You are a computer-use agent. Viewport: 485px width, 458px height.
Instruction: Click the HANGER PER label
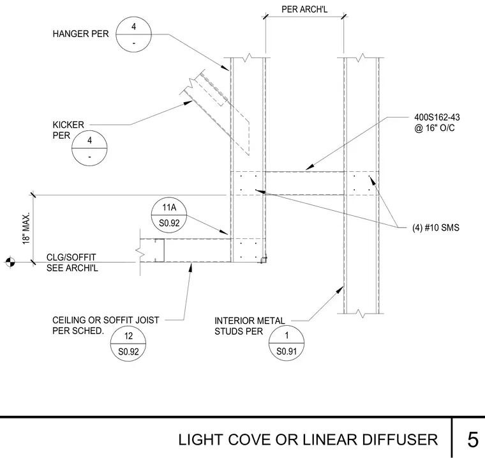coord(81,34)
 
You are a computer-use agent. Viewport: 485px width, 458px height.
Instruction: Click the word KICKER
coord(68,125)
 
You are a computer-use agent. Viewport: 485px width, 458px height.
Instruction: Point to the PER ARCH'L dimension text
coord(304,10)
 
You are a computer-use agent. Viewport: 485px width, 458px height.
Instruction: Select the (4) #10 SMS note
coord(435,228)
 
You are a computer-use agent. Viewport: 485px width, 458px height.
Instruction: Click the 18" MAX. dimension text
coord(26,228)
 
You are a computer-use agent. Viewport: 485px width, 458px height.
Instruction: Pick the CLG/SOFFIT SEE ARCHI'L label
coord(72,263)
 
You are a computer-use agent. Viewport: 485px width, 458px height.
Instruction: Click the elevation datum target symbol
coord(10,262)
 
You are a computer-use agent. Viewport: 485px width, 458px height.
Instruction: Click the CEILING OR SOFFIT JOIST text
coord(106,320)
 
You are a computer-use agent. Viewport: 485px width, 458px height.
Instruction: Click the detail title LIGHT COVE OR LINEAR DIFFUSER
coord(308,439)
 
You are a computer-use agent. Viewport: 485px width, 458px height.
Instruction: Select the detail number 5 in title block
coord(473,439)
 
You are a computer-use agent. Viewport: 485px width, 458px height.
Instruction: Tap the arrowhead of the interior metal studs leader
coord(340,290)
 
